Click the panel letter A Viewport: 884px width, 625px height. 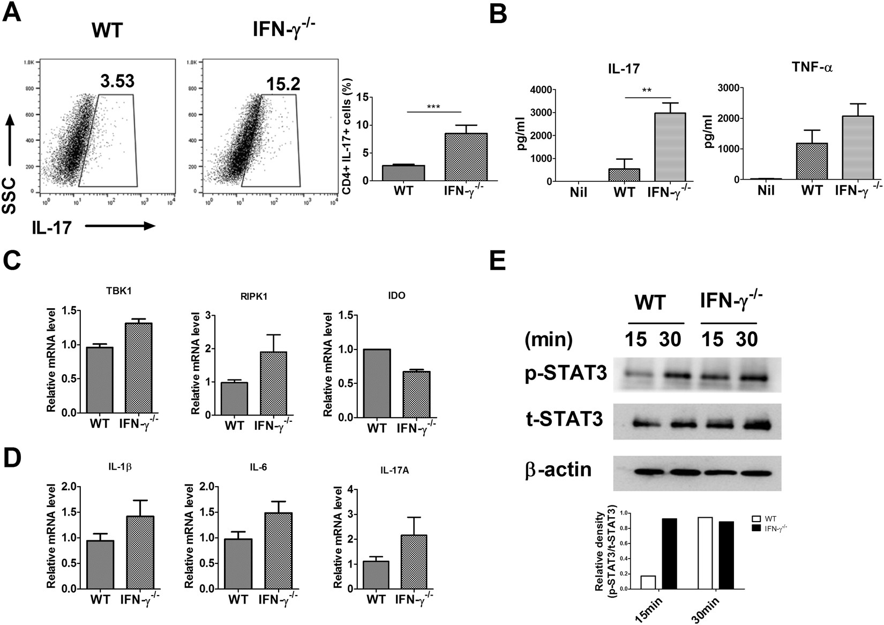click(13, 12)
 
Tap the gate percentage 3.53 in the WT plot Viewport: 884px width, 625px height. click(117, 81)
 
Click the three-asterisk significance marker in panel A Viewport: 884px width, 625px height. click(433, 107)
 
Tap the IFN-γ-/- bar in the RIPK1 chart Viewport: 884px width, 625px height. click(273, 383)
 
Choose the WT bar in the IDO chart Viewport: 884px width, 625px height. click(377, 383)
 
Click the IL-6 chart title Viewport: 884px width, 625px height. click(259, 467)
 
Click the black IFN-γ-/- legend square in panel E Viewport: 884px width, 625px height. click(757, 528)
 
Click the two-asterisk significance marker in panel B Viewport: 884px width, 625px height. click(647, 90)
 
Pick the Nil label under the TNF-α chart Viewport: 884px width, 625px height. click(767, 191)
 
